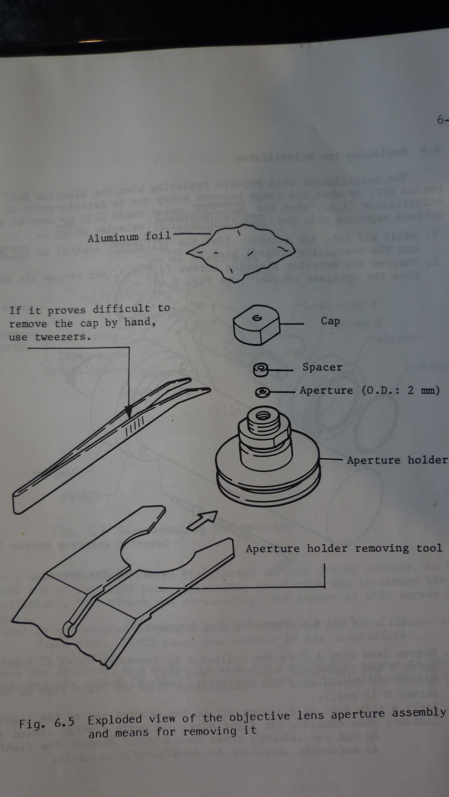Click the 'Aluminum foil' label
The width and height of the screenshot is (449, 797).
129,237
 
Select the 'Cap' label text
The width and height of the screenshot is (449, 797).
330,321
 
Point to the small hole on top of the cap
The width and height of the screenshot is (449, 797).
257,318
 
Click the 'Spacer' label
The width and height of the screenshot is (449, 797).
322,367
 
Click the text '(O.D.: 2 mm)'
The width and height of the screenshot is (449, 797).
400,390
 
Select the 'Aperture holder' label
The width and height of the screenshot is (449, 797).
397,460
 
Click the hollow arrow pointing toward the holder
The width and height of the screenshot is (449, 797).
203,520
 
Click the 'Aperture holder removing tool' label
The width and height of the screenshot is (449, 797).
344,548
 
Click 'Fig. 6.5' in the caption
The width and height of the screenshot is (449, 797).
47,724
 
